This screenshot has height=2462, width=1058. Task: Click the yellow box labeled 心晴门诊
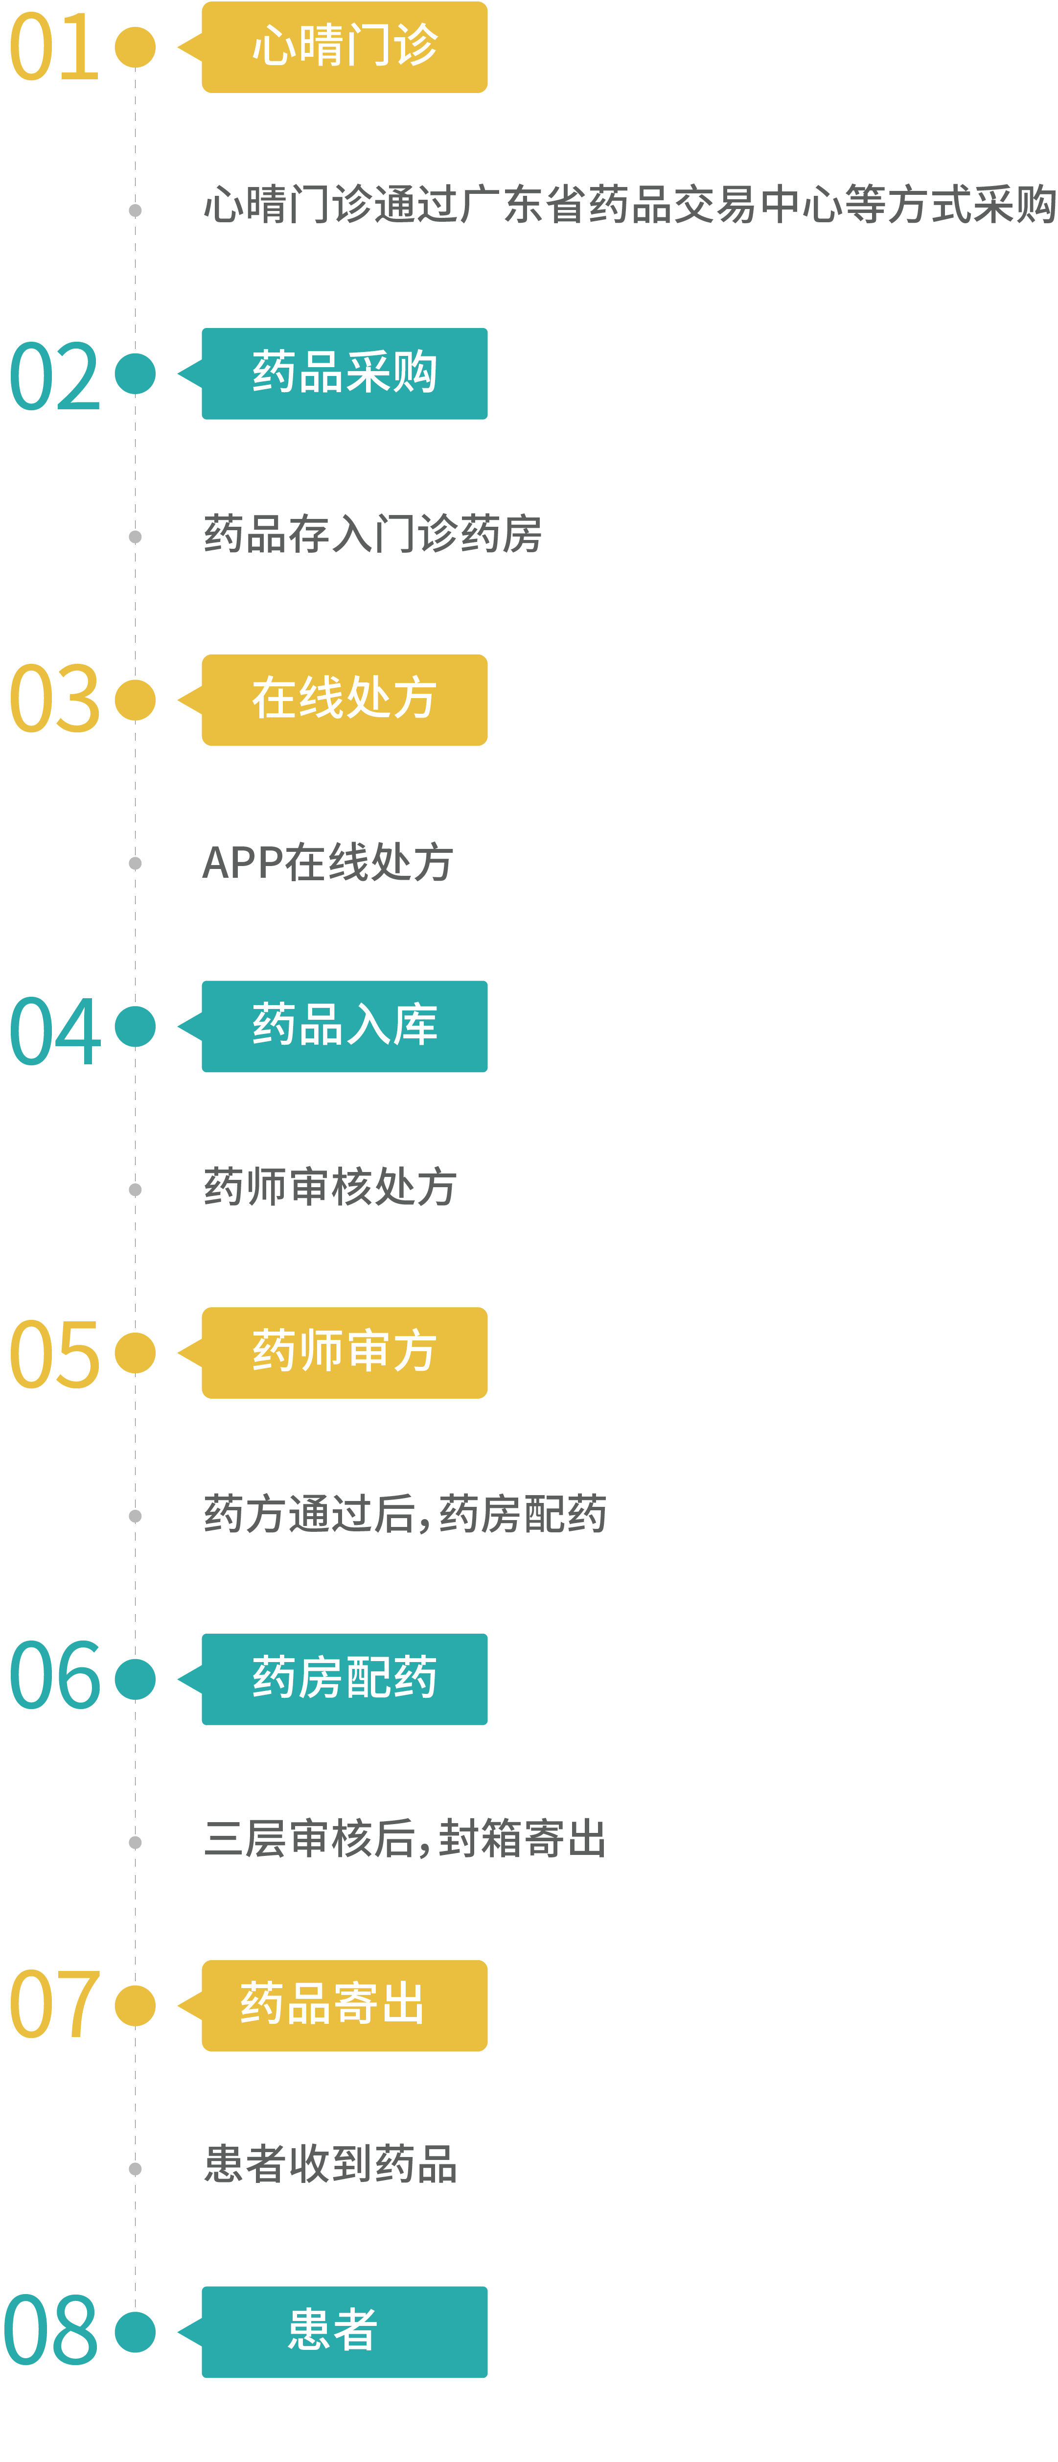click(344, 47)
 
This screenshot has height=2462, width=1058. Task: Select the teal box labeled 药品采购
click(344, 374)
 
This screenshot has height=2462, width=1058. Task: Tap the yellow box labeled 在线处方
click(344, 700)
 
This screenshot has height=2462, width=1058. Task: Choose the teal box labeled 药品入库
click(344, 1027)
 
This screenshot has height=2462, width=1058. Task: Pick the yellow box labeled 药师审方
click(344, 1352)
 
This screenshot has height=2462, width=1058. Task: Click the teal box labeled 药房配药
click(344, 1679)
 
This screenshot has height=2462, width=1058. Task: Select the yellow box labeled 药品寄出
click(344, 2005)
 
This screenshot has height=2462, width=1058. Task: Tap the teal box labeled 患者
click(344, 2332)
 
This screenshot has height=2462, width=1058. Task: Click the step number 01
click(53, 47)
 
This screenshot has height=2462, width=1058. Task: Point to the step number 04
click(54, 1031)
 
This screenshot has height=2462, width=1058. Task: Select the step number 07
click(53, 2004)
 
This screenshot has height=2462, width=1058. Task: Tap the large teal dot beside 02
click(135, 374)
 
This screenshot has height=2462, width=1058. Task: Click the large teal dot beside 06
click(135, 1679)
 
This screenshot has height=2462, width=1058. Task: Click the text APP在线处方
click(328, 862)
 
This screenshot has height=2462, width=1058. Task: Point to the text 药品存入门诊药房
click(373, 534)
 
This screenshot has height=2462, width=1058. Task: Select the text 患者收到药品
click(331, 2164)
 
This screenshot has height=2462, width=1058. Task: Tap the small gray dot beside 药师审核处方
click(135, 1190)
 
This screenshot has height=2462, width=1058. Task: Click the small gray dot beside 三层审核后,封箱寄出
click(135, 1843)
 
